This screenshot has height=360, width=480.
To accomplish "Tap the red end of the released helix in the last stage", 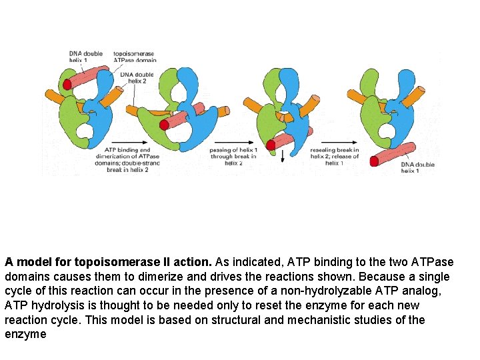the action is pyautogui.click(x=375, y=161).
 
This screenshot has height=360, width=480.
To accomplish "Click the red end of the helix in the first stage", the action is pyautogui.click(x=67, y=84).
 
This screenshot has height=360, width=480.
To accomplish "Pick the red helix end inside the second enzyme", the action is pyautogui.click(x=164, y=124).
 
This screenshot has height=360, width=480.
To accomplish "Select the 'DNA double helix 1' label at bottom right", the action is pyautogui.click(x=417, y=167).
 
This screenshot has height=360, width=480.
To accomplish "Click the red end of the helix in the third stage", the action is pyautogui.click(x=271, y=145).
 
